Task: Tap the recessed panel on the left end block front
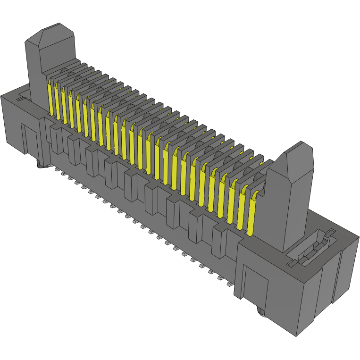tap(30, 139)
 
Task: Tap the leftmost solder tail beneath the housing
tap(56, 168)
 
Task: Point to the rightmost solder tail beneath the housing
tap(229, 285)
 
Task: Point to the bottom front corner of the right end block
tap(296, 335)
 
